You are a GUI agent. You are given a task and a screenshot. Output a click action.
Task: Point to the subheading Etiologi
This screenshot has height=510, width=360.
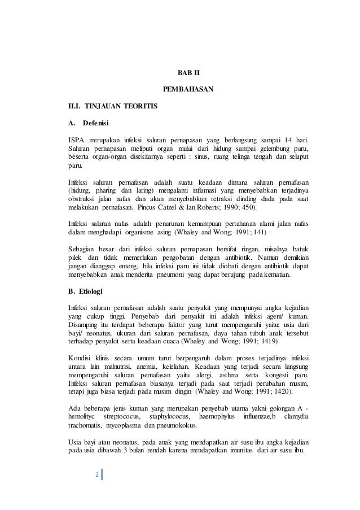coord(90,291)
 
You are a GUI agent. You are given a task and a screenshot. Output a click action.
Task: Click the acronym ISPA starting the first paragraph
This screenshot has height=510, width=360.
coord(76,139)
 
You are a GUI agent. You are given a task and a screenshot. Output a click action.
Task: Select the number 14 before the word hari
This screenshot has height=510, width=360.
coord(290,139)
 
